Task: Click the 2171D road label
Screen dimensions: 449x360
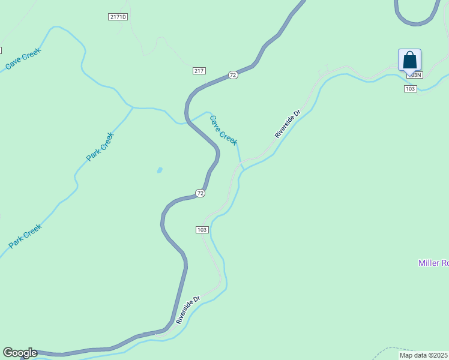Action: click(118, 17)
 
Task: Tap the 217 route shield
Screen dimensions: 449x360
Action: click(199, 71)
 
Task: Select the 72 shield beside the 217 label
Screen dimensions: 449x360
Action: click(233, 75)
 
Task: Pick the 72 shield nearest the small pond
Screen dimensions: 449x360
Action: click(200, 193)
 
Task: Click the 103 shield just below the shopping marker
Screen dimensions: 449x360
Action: click(410, 89)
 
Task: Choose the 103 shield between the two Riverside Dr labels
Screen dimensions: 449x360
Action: click(202, 230)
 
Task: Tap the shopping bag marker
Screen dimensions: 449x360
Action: click(409, 61)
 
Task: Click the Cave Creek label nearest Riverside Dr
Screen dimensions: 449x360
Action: click(223, 130)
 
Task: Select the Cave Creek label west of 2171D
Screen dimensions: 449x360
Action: click(22, 58)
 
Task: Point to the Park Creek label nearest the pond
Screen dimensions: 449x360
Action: click(100, 146)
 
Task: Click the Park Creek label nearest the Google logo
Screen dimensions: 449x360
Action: click(25, 236)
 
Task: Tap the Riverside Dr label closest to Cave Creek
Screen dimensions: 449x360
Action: click(287, 124)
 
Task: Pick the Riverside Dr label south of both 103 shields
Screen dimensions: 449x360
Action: click(188, 310)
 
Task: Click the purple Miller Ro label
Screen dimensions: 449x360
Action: click(433, 263)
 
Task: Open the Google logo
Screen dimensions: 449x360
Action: click(20, 353)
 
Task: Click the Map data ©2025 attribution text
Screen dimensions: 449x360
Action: click(424, 355)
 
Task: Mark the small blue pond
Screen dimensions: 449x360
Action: click(159, 170)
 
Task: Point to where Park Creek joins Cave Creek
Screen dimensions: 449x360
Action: click(133, 107)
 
